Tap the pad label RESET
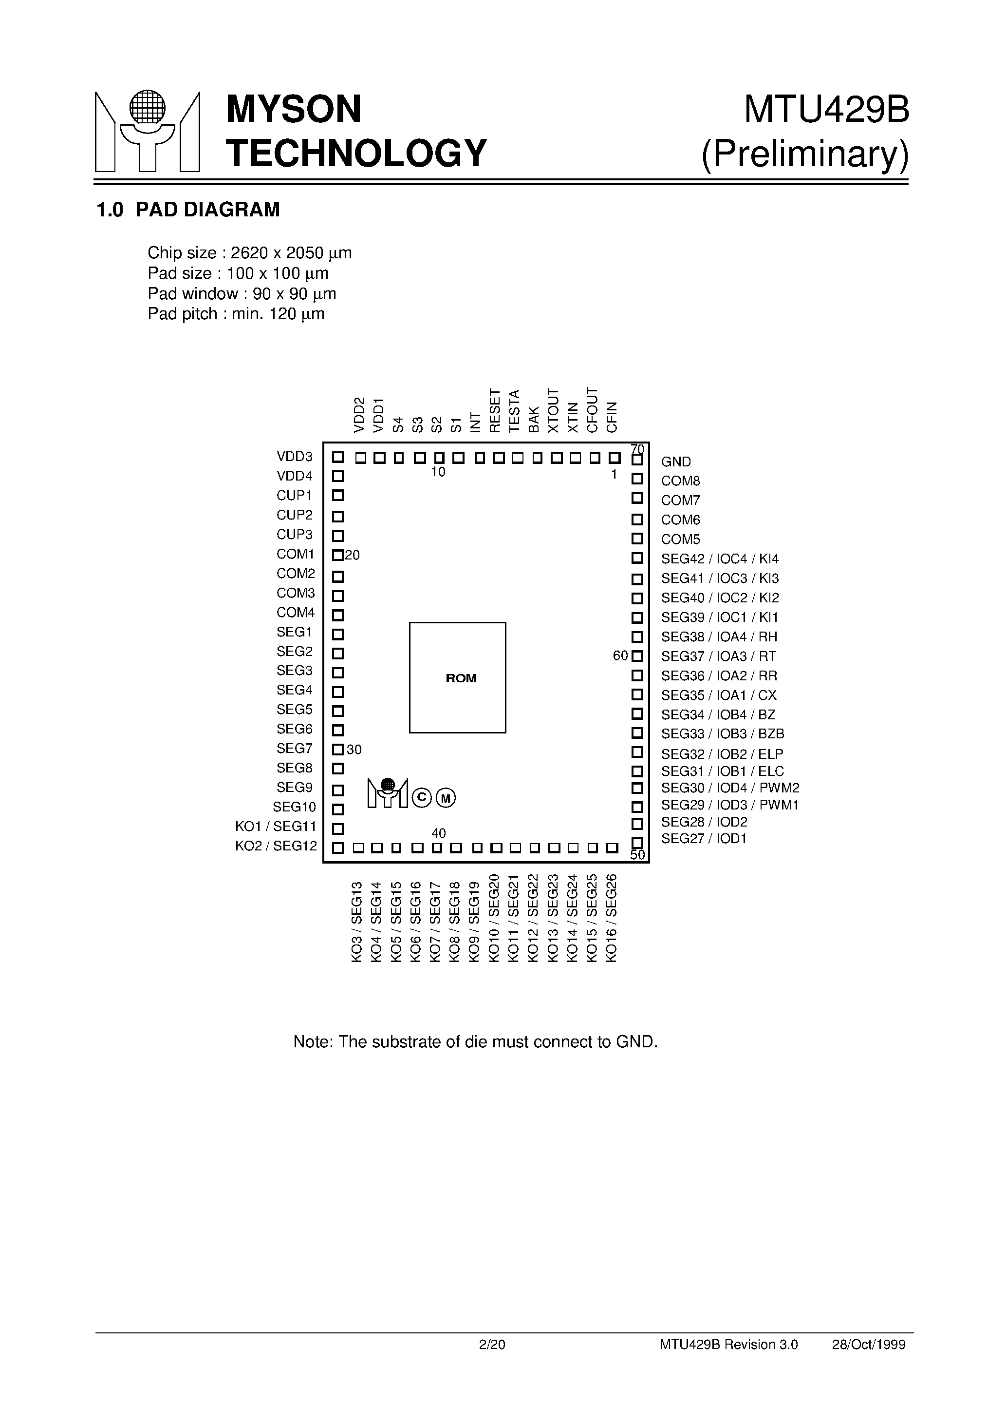494,410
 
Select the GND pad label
675,462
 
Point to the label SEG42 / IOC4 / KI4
720,558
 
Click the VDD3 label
295,457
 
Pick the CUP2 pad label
295,515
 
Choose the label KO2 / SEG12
276,846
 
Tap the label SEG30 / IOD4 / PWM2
730,788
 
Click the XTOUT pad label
553,410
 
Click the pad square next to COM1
338,555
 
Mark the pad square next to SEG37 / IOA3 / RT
637,656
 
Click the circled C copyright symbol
422,797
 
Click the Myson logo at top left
147,131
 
